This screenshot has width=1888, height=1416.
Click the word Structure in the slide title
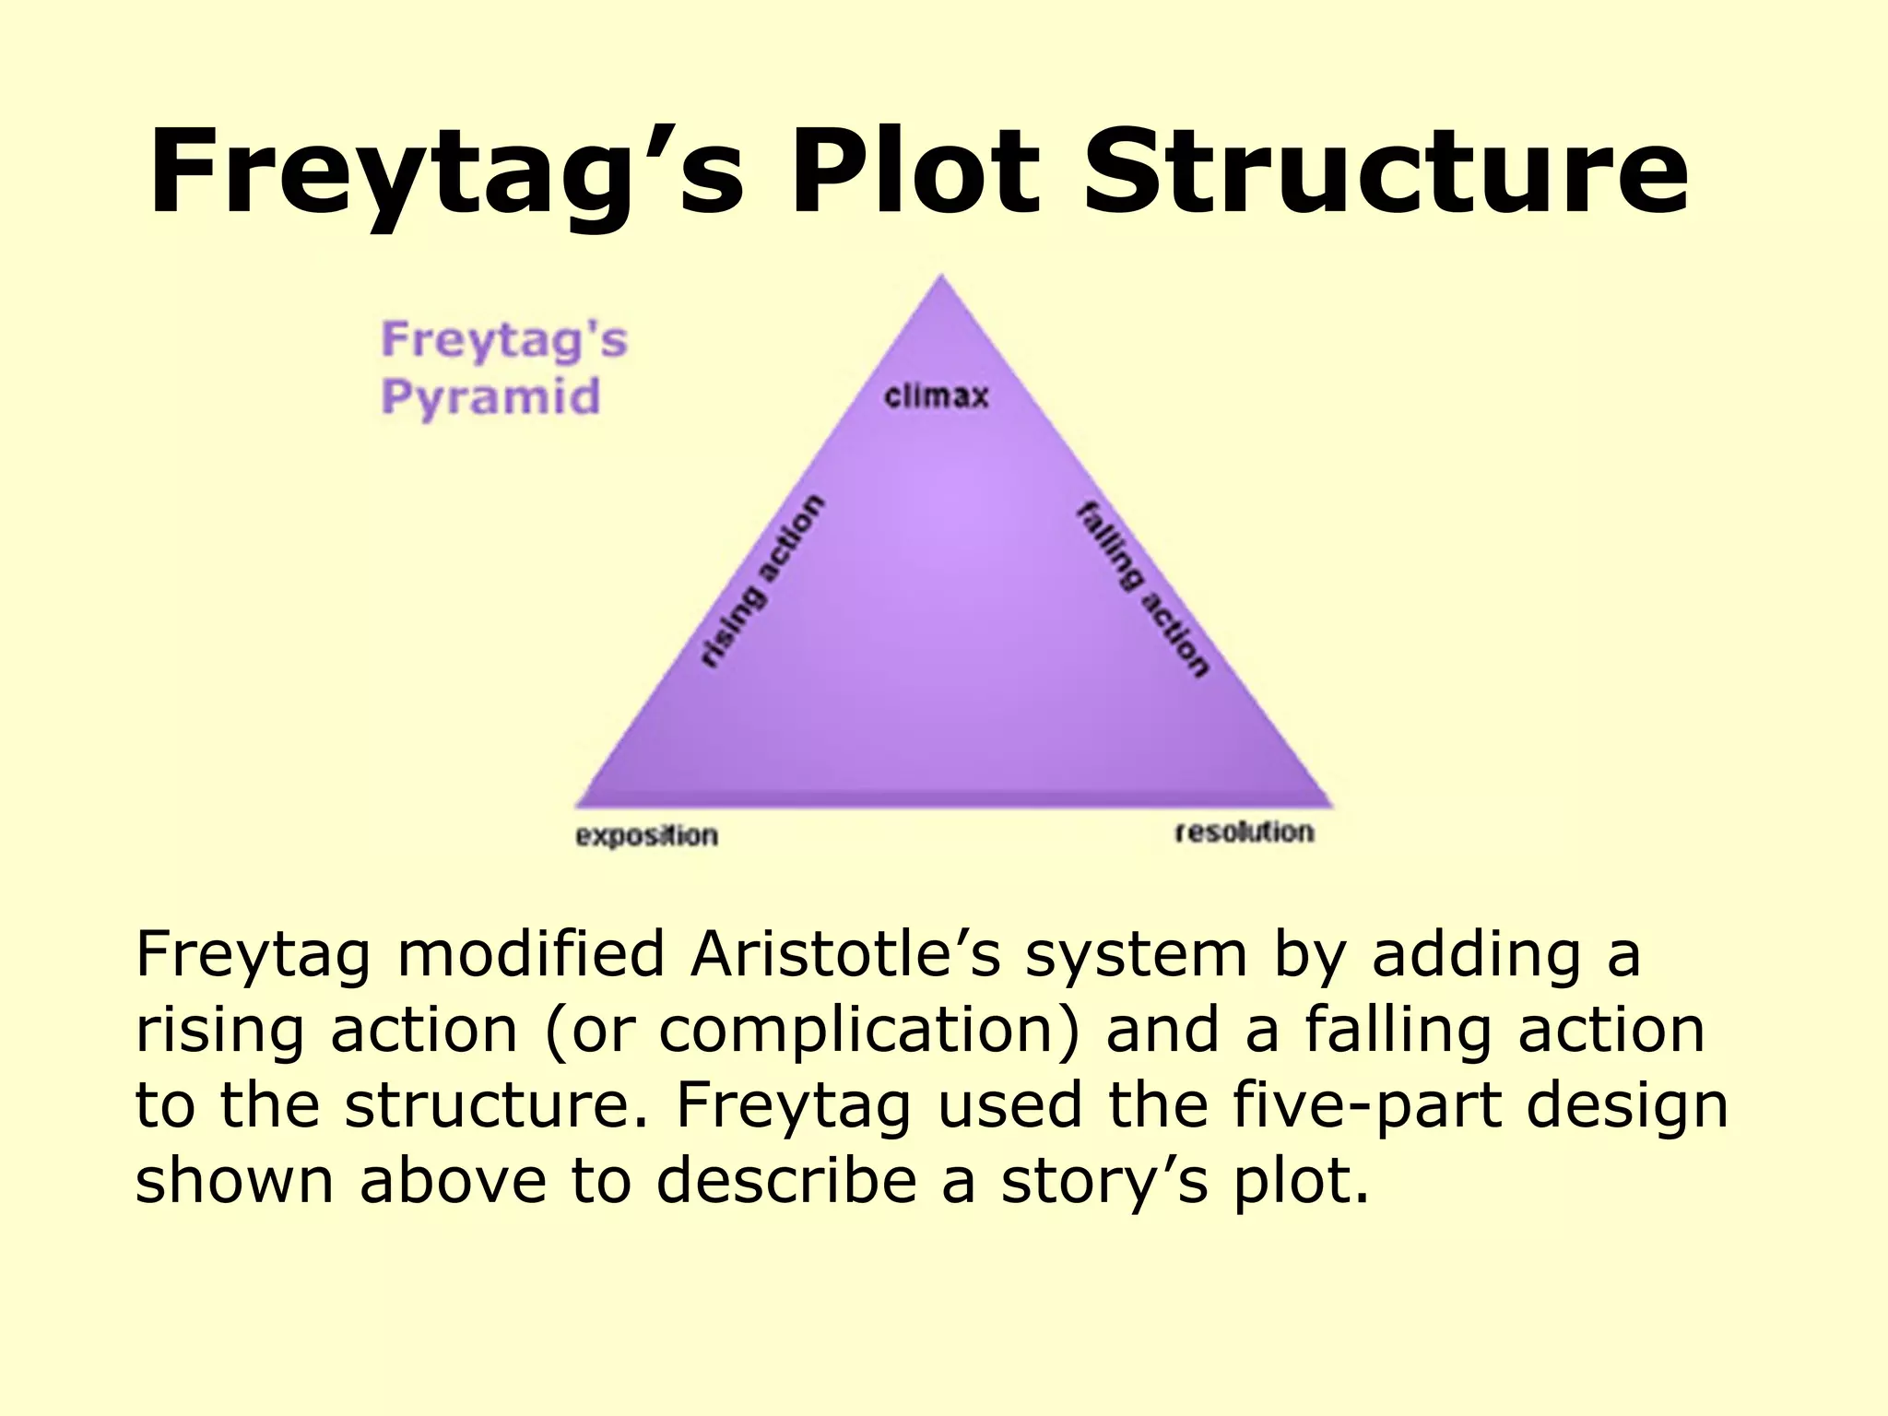pyautogui.click(x=1386, y=172)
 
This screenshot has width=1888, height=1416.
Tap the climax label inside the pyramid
pyautogui.click(x=936, y=397)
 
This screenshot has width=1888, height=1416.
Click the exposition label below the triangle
pyautogui.click(x=646, y=836)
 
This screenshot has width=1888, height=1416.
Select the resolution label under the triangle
pyautogui.click(x=1244, y=832)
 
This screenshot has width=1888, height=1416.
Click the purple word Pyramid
pyautogui.click(x=490, y=397)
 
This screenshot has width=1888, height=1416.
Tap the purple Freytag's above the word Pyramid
pyautogui.click(x=504, y=339)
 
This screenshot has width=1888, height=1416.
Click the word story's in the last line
pyautogui.click(x=1104, y=1181)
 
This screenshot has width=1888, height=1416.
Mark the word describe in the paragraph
pyautogui.click(x=786, y=1181)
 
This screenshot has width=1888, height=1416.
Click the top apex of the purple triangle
pyautogui.click(x=941, y=276)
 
